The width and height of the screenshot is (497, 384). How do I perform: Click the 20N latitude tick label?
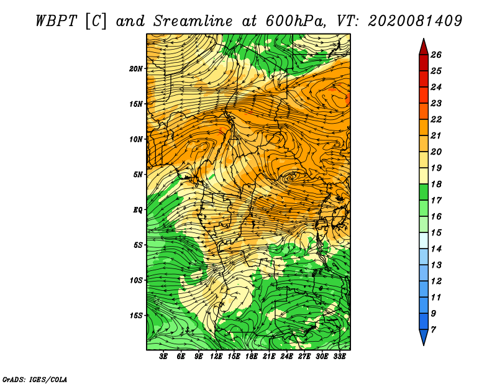[136, 69]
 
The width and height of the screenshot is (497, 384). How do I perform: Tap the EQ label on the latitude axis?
[137, 210]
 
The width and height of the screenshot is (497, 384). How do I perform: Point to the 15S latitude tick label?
[136, 316]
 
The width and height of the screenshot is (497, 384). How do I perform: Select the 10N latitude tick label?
[136, 139]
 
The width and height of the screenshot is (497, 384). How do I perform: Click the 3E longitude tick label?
[163, 357]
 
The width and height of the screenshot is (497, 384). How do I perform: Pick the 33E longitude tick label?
[339, 357]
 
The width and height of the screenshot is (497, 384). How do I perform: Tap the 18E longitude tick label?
[252, 357]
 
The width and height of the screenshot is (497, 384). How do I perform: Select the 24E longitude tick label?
[286, 357]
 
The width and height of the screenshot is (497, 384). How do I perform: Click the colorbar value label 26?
[436, 55]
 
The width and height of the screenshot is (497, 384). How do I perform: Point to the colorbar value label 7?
[433, 330]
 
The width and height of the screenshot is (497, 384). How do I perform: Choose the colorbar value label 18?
[436, 184]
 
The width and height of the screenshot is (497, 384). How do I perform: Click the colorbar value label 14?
[436, 249]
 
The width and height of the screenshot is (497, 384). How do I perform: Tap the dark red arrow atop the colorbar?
[424, 47]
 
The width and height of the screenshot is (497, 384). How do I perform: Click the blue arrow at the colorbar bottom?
[424, 337]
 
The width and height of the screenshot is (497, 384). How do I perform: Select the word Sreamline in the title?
[193, 21]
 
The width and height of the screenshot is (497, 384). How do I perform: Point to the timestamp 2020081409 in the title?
[415, 21]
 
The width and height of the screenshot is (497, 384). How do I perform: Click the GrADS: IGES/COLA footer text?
[35, 379]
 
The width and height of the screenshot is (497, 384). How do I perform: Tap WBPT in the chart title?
[56, 21]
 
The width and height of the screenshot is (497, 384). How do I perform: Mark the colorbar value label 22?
[436, 119]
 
